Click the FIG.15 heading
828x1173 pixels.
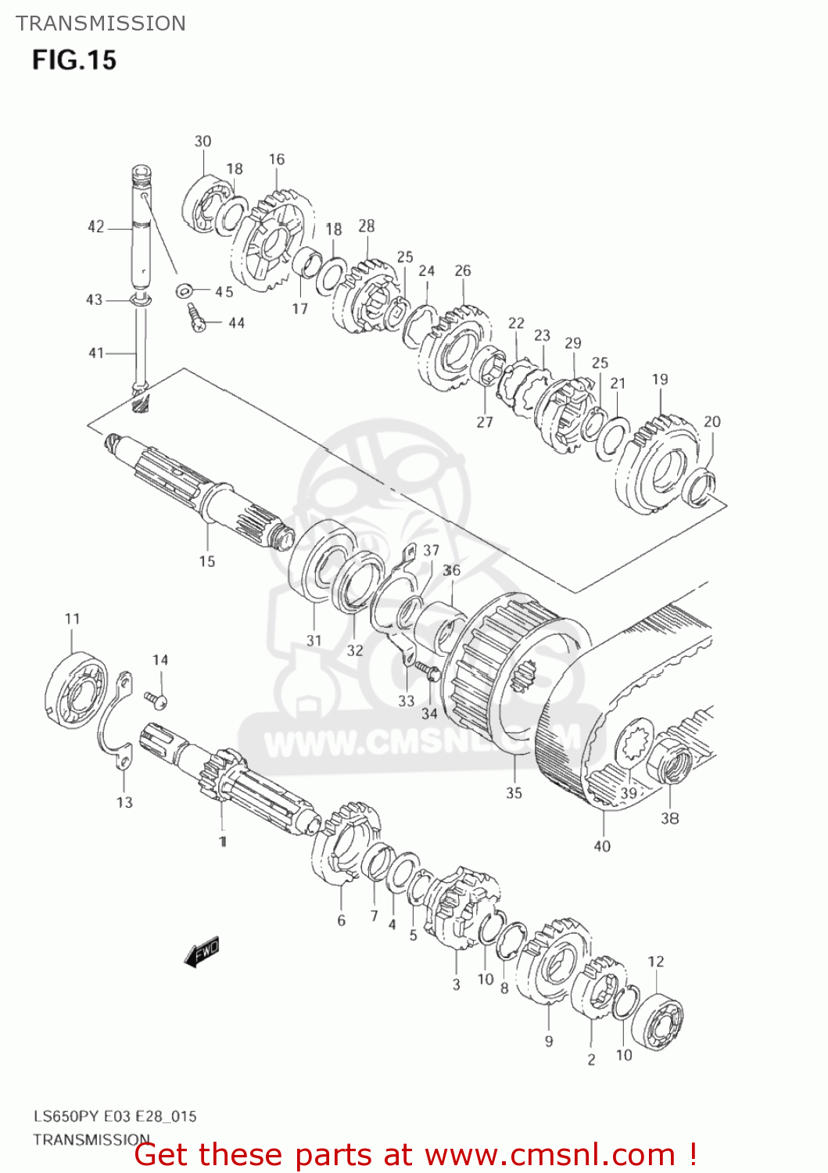click(x=74, y=60)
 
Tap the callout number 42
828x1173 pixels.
click(x=95, y=227)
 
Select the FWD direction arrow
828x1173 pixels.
click(x=202, y=951)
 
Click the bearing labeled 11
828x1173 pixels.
click(x=75, y=688)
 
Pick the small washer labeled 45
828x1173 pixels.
click(x=185, y=291)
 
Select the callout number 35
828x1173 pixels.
click(x=514, y=793)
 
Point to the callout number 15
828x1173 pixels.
click(x=206, y=561)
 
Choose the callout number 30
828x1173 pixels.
click(x=203, y=141)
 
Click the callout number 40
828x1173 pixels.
click(x=602, y=845)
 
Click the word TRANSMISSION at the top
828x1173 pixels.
click(x=101, y=23)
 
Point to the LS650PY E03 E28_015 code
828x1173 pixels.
click(x=114, y=1116)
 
